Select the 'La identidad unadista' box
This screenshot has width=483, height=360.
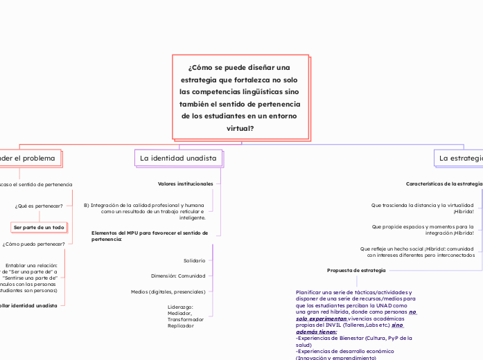[x=178, y=159]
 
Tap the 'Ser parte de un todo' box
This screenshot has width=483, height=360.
[x=39, y=227]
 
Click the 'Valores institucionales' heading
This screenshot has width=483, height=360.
[x=186, y=184]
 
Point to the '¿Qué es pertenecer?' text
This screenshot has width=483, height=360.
[x=39, y=206]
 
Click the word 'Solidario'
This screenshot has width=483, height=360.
[x=194, y=261]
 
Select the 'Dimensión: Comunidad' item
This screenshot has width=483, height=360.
[x=177, y=276]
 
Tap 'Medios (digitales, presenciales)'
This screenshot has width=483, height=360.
[x=168, y=291]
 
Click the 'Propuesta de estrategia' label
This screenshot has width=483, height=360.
[x=356, y=269]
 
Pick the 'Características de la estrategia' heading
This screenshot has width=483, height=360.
[x=444, y=184]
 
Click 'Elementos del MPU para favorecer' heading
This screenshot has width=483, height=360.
[x=150, y=233]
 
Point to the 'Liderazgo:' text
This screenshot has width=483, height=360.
[x=180, y=306]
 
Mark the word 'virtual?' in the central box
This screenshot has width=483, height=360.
[x=240, y=129]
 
